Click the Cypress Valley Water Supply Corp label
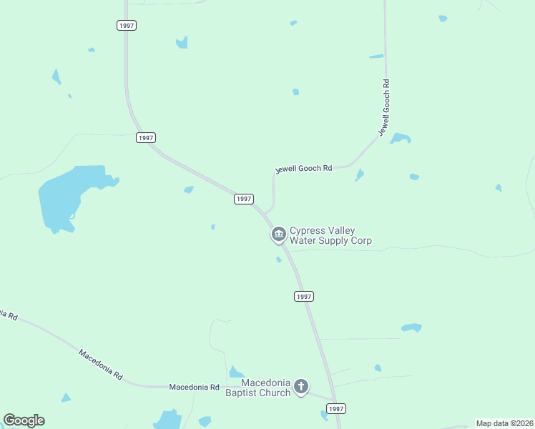pos(330,236)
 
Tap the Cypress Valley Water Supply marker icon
pos(278,234)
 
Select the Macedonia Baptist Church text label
pos(258,388)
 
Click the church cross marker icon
pos(301,388)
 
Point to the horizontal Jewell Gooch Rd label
pos(304,169)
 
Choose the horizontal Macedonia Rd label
pos(194,387)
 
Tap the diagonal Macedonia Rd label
pos(101,365)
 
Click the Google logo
pos(24,420)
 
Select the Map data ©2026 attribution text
pos(504,423)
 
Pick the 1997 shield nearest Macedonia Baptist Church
pos(335,408)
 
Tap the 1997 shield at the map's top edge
pos(127,25)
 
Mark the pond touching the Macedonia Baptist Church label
pos(235,372)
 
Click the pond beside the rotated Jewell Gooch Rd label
pos(401,138)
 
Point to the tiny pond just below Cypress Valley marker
pos(278,260)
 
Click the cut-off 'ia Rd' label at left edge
pos(9,314)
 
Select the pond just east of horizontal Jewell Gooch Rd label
pos(359,174)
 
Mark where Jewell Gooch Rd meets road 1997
pos(266,212)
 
